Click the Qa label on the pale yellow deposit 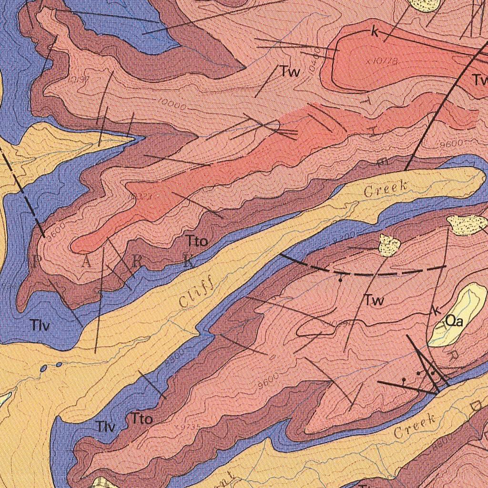(454, 322)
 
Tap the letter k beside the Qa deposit (436, 311)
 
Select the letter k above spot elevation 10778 (375, 32)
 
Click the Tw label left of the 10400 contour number (290, 72)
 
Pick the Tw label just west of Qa (374, 300)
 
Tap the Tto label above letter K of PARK (197, 242)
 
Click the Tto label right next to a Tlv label (142, 419)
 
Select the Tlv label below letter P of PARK (40, 326)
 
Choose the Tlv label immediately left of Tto (105, 427)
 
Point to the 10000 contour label (172, 105)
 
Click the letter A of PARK (86, 261)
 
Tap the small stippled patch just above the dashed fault (389, 245)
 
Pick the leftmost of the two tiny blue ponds (44, 368)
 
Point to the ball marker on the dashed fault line (340, 280)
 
